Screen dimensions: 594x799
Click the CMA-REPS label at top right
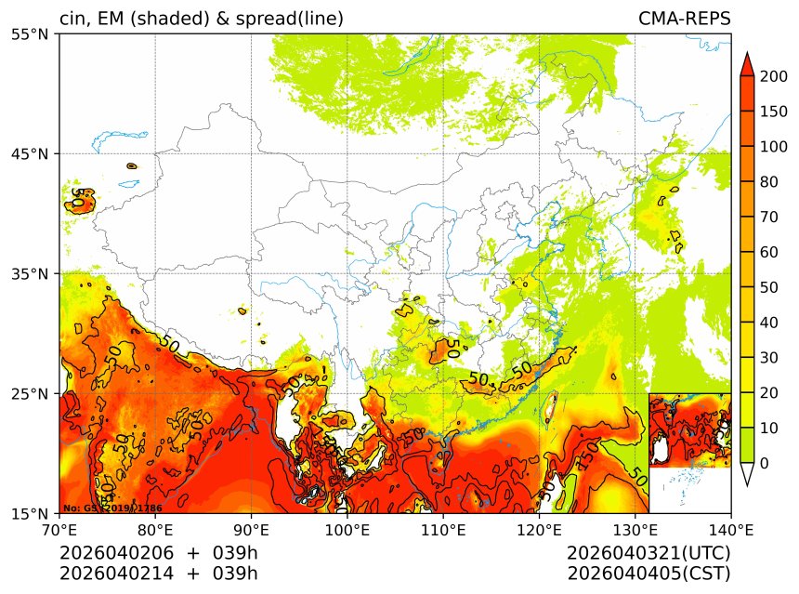[684, 19]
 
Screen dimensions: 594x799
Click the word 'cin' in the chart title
[72, 19]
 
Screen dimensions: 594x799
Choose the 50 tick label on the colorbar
[770, 287]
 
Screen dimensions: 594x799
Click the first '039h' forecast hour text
[235, 553]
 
